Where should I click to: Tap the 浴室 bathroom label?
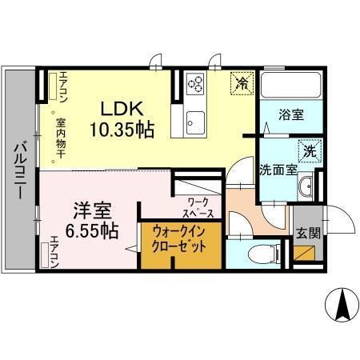click(290, 115)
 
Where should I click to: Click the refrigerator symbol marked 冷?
click(241, 82)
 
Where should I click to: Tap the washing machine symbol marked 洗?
click(307, 150)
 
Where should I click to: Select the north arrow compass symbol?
click(339, 305)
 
